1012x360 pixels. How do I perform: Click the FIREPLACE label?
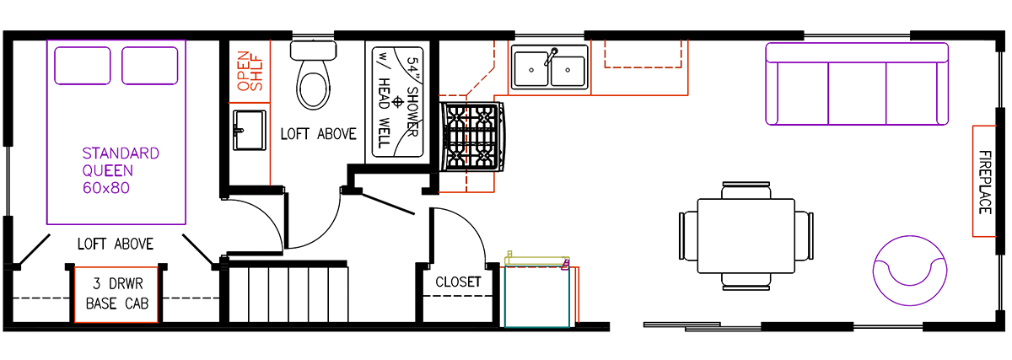click(x=985, y=181)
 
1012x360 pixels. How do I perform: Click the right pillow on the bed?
click(x=149, y=65)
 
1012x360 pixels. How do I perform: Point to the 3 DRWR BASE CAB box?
click(x=116, y=294)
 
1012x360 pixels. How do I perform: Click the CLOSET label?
click(x=458, y=282)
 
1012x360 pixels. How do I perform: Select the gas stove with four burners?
click(x=473, y=137)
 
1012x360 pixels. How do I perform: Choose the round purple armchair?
click(x=908, y=270)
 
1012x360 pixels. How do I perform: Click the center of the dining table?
click(x=746, y=235)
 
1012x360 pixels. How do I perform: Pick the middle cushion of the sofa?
click(x=857, y=84)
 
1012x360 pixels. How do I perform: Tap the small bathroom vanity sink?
click(x=248, y=129)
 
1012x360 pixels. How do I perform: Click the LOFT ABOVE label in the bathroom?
click(x=319, y=134)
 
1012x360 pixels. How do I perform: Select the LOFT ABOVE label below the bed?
click(x=116, y=244)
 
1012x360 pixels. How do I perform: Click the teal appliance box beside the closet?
click(x=537, y=296)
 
